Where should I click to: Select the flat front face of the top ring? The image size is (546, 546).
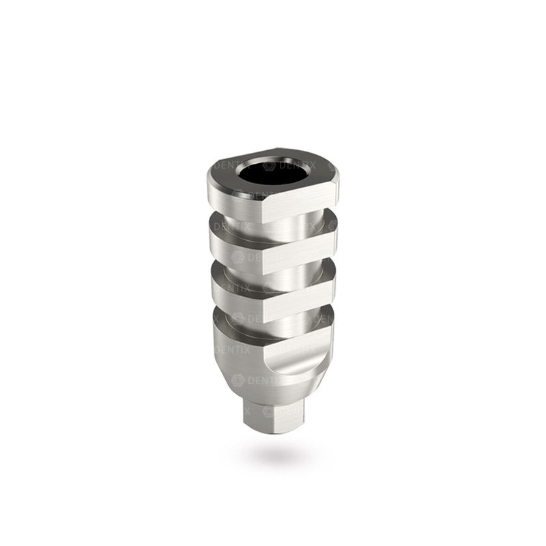pyautogui.click(x=300, y=203)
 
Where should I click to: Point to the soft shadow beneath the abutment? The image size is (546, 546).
pyautogui.click(x=273, y=454)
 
